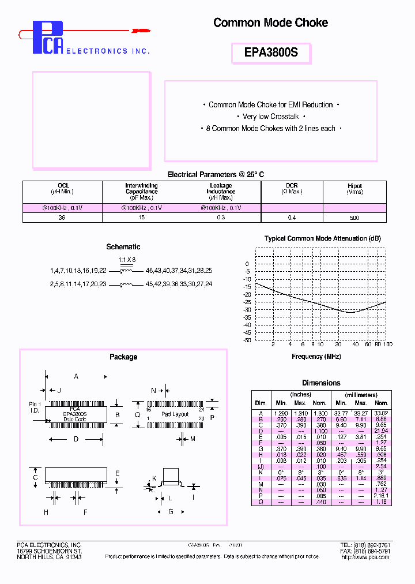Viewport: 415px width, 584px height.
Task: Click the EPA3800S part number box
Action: pos(271,53)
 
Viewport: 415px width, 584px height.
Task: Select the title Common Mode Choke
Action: pos(270,23)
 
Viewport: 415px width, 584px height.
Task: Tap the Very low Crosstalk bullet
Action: pos(270,117)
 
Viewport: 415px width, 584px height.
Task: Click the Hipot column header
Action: pos(354,189)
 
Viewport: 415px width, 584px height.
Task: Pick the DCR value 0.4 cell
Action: pos(292,218)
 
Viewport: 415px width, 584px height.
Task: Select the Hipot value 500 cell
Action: pos(354,218)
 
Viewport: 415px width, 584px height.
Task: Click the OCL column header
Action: pos(62,188)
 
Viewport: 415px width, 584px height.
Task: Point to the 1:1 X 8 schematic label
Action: pos(127,260)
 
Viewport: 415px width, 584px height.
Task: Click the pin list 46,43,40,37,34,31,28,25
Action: pos(179,270)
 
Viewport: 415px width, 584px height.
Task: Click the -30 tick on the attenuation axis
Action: pos(247,310)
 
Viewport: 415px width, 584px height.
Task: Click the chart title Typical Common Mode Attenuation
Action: pos(323,238)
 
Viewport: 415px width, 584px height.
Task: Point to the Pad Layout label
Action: pos(175,414)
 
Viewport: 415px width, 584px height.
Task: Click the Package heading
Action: pos(123,357)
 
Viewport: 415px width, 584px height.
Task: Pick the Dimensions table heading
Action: pos(321,383)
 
